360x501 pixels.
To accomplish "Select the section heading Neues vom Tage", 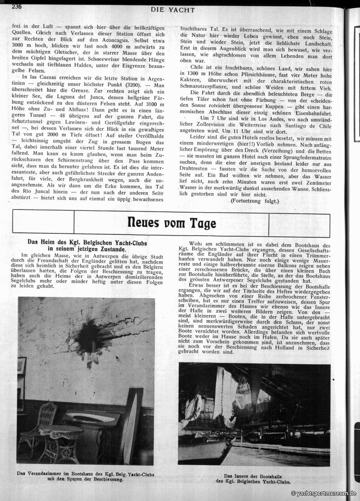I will (171, 223).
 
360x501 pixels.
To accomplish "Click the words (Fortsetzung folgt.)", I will (255, 200).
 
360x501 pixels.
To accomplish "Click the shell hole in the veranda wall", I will (88, 337).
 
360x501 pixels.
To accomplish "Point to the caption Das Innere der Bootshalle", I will (255, 478).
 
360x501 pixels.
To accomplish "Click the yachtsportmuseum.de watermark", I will (324, 494).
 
